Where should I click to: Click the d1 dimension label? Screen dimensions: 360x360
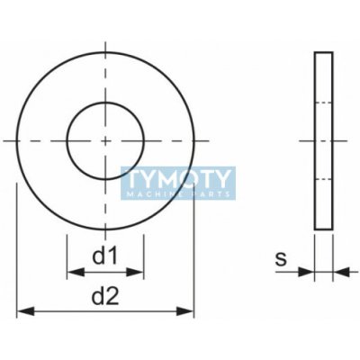104,256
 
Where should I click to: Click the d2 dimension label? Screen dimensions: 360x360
105,296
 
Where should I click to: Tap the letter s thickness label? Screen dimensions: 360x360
281,258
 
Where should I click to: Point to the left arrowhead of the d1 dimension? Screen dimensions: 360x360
76,273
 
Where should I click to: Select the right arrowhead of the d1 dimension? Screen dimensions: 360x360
135,273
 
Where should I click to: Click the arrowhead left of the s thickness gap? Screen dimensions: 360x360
306,272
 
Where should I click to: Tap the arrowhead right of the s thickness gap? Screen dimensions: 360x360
341,272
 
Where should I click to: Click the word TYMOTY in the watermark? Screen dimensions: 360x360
178,179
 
